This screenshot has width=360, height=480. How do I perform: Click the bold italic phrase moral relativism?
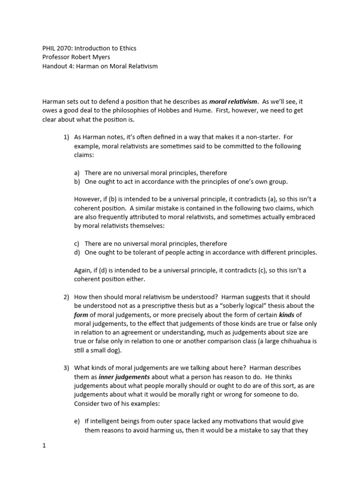(x=233, y=101)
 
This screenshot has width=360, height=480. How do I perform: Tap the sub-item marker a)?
(x=77, y=172)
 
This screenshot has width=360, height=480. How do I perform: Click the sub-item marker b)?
(x=77, y=181)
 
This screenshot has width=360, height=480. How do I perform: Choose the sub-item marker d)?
(x=77, y=253)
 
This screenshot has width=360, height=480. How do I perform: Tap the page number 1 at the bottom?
(x=44, y=446)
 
